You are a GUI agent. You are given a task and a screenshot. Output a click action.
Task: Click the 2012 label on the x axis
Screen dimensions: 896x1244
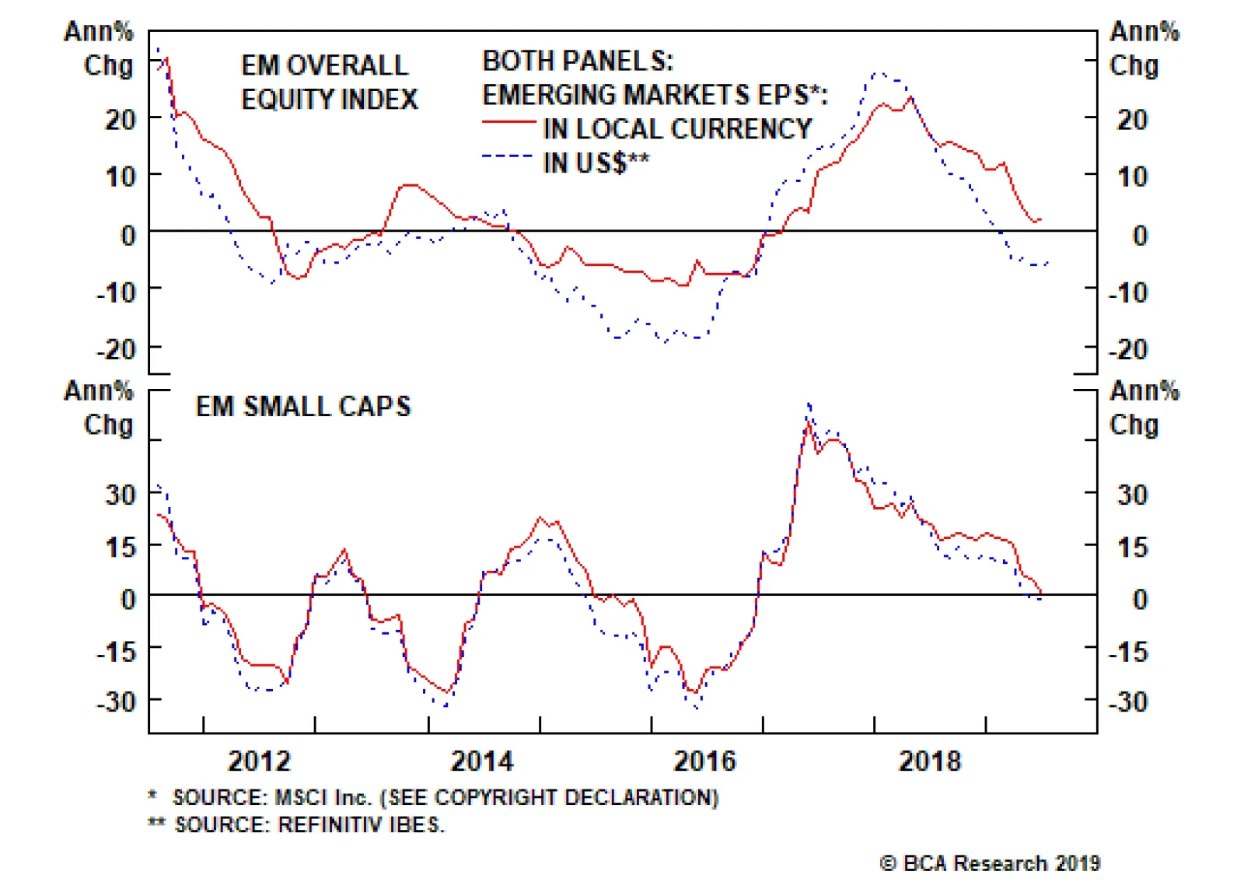point(259,760)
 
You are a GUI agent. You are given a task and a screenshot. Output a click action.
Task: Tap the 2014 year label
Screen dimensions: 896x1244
point(482,760)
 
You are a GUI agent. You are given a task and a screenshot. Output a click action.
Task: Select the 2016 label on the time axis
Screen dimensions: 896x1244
point(704,760)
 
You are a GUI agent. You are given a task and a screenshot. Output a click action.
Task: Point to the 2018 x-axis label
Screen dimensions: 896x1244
point(929,760)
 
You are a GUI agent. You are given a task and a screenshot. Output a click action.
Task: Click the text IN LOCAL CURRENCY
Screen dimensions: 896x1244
point(677,129)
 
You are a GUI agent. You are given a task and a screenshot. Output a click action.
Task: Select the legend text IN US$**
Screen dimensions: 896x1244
point(596,163)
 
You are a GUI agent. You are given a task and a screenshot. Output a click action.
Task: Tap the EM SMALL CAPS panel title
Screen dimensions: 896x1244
point(303,407)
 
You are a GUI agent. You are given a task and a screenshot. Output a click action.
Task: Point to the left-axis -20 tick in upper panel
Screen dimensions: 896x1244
point(117,349)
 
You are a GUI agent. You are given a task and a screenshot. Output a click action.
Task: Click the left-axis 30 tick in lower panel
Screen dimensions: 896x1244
point(121,494)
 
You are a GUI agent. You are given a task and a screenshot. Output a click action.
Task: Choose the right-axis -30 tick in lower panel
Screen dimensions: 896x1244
point(1128,702)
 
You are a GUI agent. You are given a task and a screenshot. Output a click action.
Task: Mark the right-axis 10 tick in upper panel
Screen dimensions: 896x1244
point(1132,177)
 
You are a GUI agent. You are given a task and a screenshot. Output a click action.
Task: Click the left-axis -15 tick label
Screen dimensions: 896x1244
point(117,651)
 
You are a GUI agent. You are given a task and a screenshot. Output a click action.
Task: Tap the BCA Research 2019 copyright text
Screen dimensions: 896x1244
point(990,863)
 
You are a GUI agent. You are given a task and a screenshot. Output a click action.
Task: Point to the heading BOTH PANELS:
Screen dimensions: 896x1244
point(578,61)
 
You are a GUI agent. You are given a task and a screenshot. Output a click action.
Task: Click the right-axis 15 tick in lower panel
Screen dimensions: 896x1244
point(1132,548)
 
